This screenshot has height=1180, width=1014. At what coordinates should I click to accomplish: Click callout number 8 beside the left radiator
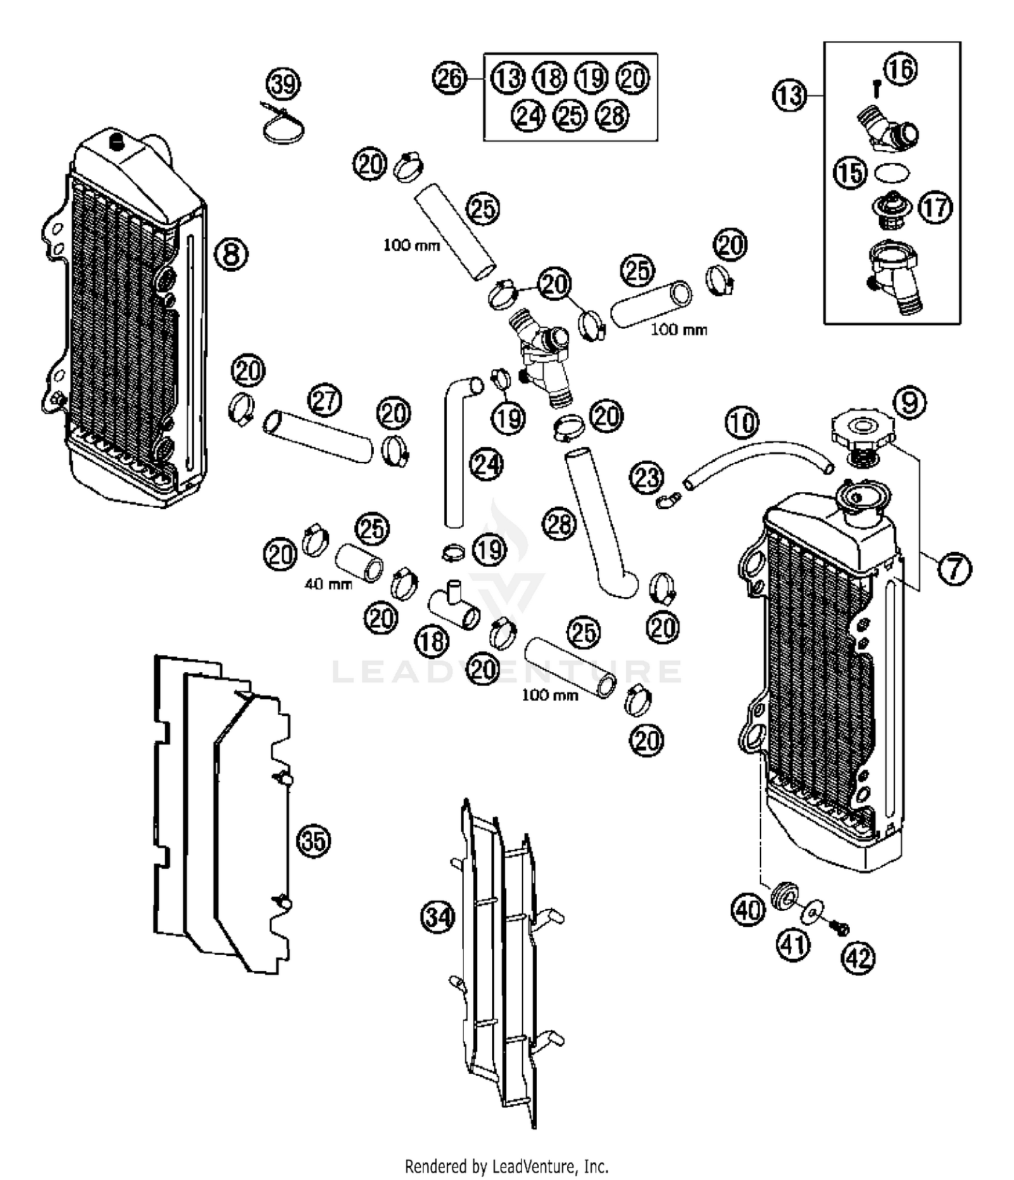(x=231, y=254)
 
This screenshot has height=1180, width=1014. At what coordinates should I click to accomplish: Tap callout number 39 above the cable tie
(x=283, y=85)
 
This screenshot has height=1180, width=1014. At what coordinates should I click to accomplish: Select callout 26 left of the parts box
(x=450, y=78)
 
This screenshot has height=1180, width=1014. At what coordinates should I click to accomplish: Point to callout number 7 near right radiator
(x=954, y=568)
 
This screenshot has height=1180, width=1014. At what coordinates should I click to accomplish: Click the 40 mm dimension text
(x=328, y=584)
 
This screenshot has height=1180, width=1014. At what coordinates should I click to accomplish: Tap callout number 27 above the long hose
(x=325, y=401)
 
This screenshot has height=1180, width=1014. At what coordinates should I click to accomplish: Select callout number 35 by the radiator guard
(x=314, y=841)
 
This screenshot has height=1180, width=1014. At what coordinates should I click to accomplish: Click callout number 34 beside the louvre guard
(x=437, y=918)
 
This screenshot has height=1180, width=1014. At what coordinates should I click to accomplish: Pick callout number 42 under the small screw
(x=858, y=957)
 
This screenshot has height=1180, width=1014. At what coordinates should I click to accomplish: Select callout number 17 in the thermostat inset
(x=936, y=208)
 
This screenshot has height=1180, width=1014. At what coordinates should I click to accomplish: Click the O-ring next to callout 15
(x=890, y=173)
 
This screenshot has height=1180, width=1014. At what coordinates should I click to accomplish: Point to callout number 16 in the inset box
(x=900, y=69)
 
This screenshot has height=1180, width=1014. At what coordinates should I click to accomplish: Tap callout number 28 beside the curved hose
(x=559, y=524)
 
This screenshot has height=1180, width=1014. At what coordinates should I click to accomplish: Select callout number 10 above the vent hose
(x=742, y=423)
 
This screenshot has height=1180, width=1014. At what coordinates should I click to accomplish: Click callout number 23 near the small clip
(x=646, y=478)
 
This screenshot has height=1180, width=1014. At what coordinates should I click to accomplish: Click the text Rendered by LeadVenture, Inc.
(x=506, y=1166)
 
